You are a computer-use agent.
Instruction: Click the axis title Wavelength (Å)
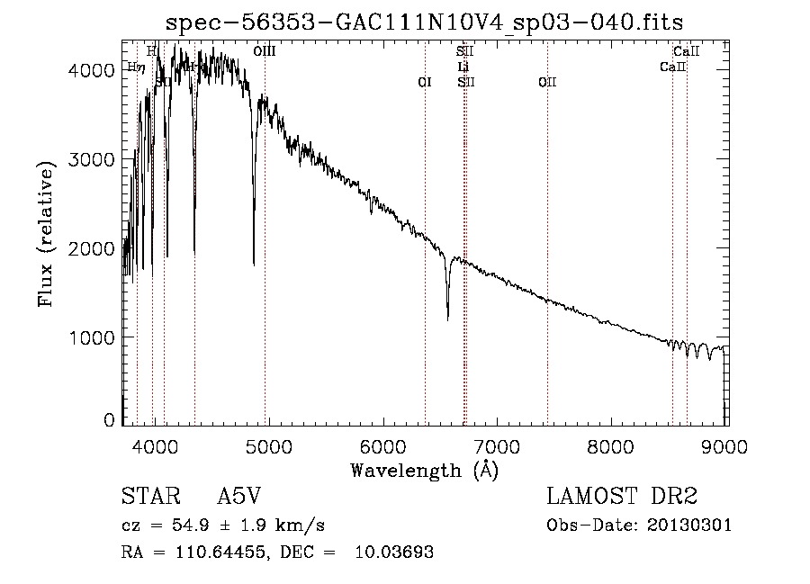(424, 470)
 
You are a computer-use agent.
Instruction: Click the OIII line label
(265, 52)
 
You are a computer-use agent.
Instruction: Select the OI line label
(425, 82)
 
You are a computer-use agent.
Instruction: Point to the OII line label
(547, 82)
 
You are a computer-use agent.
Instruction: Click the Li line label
(463, 67)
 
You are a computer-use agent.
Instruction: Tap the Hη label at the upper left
(136, 67)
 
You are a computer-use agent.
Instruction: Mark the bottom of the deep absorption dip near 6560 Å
(448, 318)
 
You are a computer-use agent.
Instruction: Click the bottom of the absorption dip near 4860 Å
(254, 264)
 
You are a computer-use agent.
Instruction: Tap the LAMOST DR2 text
(622, 498)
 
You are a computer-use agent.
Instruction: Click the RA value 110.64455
(215, 553)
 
